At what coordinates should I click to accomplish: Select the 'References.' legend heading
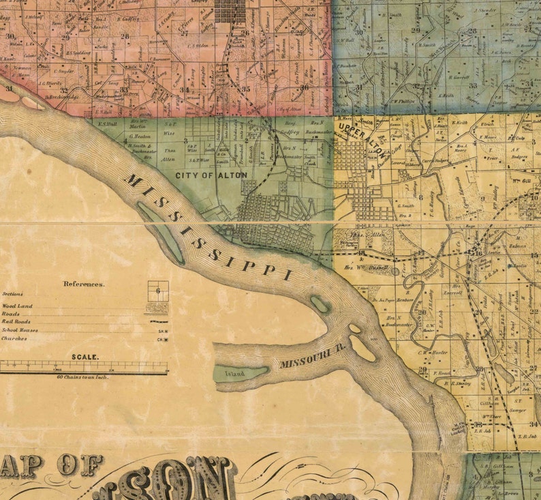(84, 284)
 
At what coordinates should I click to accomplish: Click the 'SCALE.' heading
(85, 357)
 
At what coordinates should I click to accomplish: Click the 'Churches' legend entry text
(14, 338)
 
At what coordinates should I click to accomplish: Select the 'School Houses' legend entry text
(19, 330)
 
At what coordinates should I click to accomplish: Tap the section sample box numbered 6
(158, 291)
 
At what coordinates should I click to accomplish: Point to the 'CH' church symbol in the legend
(162, 339)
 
